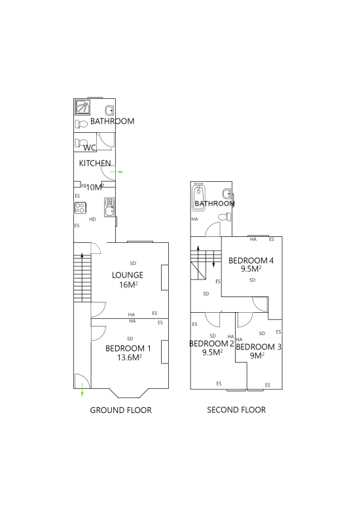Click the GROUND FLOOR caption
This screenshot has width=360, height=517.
point(120,410)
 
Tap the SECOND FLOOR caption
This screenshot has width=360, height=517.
point(236,410)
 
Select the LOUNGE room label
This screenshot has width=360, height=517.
point(128,275)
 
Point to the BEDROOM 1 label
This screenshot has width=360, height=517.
point(128,348)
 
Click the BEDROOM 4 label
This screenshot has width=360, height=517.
point(251,260)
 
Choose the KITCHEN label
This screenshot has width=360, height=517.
point(95,163)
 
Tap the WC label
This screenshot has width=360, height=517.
point(89,148)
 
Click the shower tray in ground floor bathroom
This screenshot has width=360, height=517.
point(82,107)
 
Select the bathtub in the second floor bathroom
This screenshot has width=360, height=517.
point(198,196)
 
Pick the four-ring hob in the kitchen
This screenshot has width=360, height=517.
point(81,207)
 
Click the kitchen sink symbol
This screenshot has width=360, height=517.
point(109,207)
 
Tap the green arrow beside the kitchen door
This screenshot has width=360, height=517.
point(117,171)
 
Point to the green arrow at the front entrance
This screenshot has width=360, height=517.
point(82,390)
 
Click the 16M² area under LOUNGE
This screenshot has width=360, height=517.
point(128,285)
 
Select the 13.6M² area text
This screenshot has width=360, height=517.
point(130,357)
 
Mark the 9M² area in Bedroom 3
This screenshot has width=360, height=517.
point(257,355)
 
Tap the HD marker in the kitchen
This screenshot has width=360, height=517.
point(93,219)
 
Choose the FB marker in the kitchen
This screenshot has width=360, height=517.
point(84,186)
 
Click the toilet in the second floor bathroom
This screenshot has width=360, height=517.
point(225,217)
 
